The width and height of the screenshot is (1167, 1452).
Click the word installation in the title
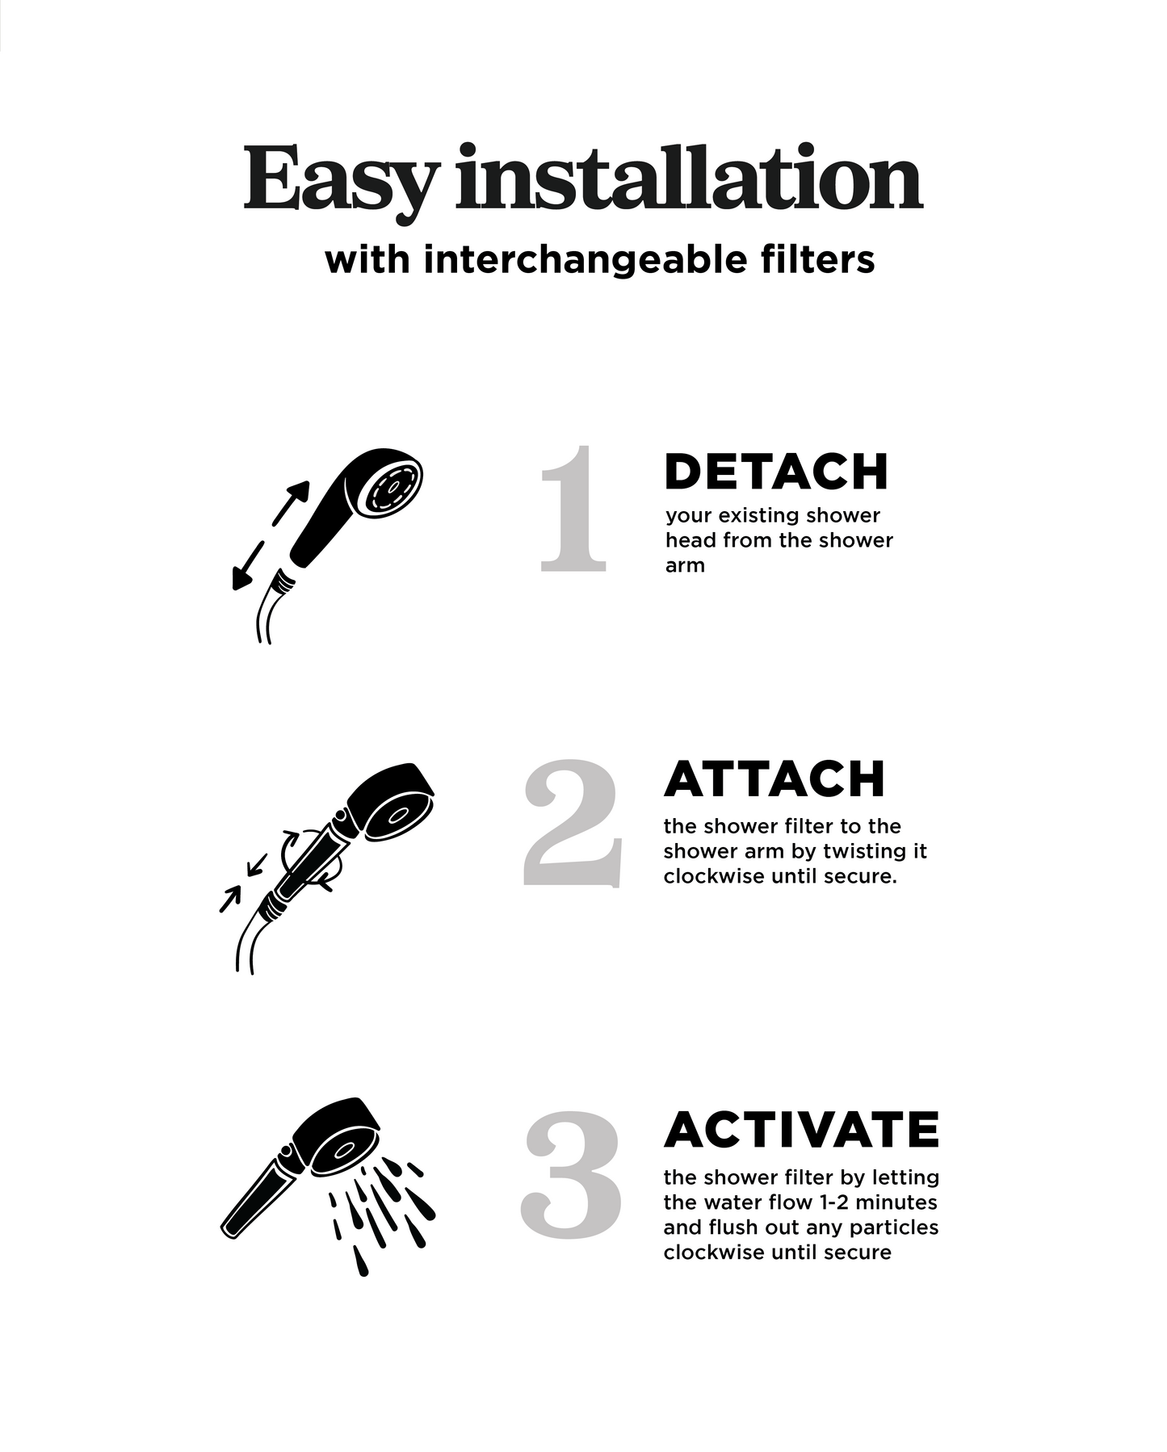click(689, 176)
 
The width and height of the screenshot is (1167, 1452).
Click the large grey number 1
click(573, 509)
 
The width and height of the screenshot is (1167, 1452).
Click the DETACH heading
click(776, 472)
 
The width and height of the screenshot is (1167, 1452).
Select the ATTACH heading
click(775, 779)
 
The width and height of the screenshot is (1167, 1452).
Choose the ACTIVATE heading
click(802, 1130)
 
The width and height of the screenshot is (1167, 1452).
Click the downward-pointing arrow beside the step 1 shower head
click(248, 566)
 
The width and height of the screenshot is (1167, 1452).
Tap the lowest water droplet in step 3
click(361, 1261)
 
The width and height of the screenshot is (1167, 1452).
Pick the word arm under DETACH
click(685, 566)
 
